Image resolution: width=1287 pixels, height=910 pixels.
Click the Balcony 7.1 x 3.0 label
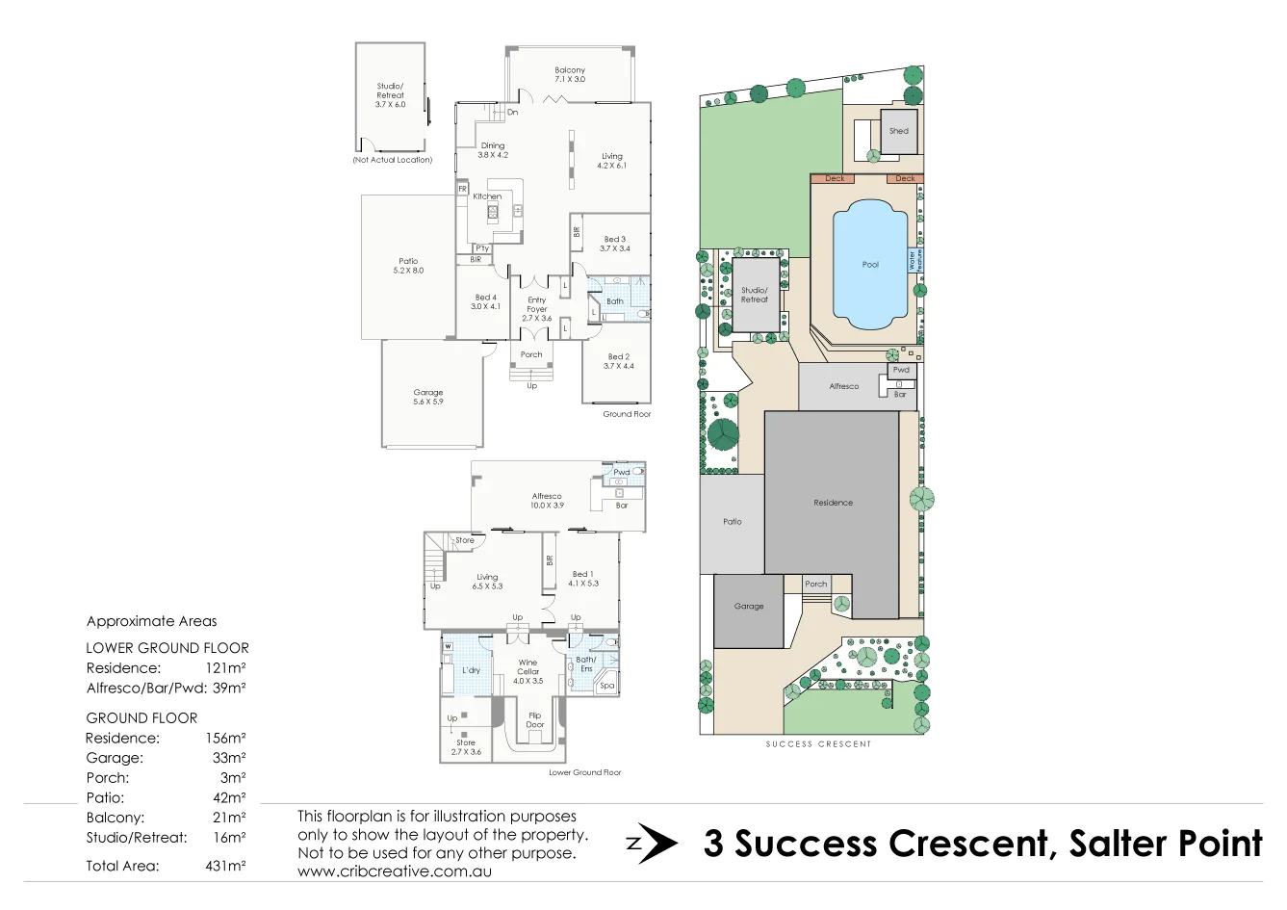(x=570, y=74)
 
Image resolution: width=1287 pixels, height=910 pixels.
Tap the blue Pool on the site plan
(x=870, y=264)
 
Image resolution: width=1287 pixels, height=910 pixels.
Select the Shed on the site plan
(x=899, y=131)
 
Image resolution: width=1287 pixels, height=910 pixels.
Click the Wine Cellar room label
(x=528, y=671)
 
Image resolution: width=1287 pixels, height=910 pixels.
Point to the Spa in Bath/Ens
(x=606, y=686)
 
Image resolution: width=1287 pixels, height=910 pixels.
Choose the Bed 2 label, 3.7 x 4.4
(x=618, y=361)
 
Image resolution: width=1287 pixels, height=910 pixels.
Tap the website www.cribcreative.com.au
(x=395, y=871)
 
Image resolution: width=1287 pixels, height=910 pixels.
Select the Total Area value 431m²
(x=225, y=866)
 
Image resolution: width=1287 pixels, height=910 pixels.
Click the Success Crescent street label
(x=818, y=744)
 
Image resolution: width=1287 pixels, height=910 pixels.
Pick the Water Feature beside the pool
(x=914, y=260)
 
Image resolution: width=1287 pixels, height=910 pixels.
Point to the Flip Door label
(x=535, y=719)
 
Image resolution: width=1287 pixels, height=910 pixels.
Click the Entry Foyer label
(x=536, y=308)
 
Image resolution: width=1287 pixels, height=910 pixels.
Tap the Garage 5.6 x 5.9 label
(x=428, y=397)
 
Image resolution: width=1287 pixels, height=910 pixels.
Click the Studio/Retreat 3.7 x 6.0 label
(x=390, y=94)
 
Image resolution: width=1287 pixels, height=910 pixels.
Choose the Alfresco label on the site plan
(x=844, y=386)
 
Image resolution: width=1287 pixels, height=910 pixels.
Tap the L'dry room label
(x=471, y=670)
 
